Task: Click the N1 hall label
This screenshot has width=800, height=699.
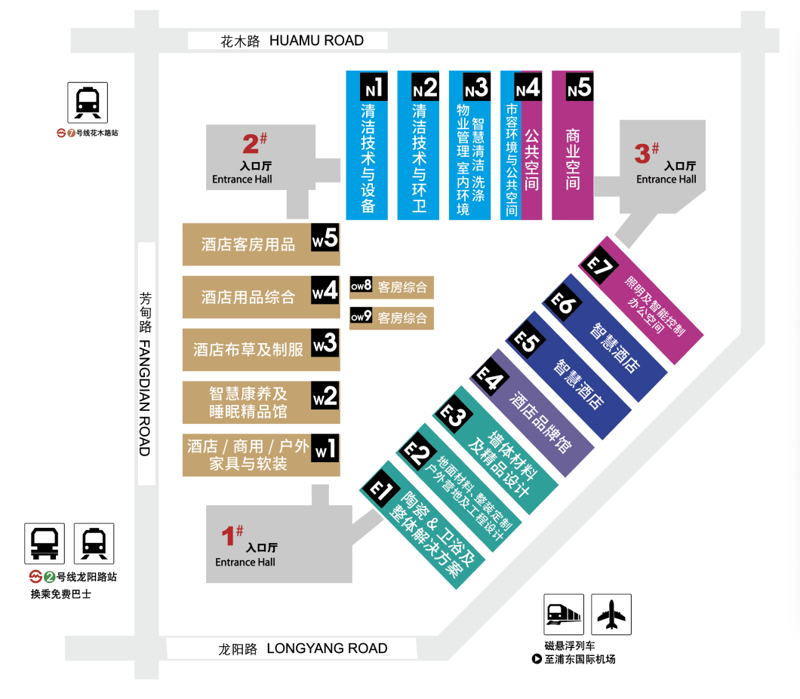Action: click(x=374, y=87)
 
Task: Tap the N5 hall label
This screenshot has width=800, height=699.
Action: click(x=580, y=87)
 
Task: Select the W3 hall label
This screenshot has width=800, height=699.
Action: click(x=325, y=343)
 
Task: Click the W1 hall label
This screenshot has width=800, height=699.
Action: click(x=325, y=448)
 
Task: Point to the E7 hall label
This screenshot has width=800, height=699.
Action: click(x=599, y=265)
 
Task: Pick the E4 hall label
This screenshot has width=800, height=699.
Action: click(x=490, y=379)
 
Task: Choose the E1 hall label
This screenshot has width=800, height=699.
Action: click(x=380, y=490)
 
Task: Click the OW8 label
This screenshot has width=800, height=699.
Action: click(x=361, y=285)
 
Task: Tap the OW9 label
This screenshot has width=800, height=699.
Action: click(x=361, y=316)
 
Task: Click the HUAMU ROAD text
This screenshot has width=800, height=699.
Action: click(x=316, y=41)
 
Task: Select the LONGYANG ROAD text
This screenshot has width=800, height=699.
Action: click(x=327, y=648)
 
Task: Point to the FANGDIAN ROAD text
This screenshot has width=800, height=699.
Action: click(x=145, y=398)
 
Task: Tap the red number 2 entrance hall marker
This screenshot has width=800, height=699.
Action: click(x=254, y=143)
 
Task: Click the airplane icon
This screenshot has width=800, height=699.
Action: click(x=611, y=615)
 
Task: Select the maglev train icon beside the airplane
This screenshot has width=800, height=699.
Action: click(x=564, y=615)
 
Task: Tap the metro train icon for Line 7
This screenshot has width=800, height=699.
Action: click(x=88, y=103)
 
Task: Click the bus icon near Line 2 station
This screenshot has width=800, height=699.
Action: click(x=45, y=544)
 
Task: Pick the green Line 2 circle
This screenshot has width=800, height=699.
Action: click(x=50, y=577)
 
